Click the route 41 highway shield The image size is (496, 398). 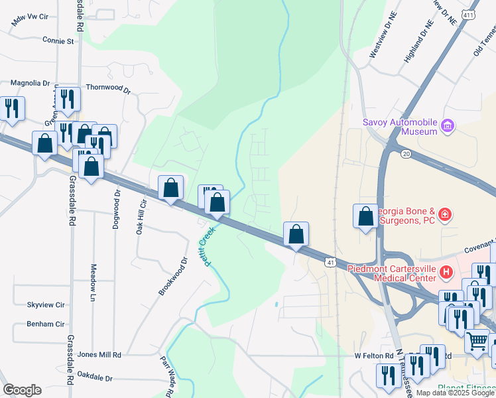(330, 263)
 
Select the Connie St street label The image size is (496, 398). (58, 40)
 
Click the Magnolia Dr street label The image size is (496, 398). (30, 83)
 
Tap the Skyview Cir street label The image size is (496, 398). (45, 304)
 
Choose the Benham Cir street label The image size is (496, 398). (45, 324)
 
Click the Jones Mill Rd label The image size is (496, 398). (99, 355)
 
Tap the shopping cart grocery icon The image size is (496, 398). (477, 342)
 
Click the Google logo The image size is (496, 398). (22, 390)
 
